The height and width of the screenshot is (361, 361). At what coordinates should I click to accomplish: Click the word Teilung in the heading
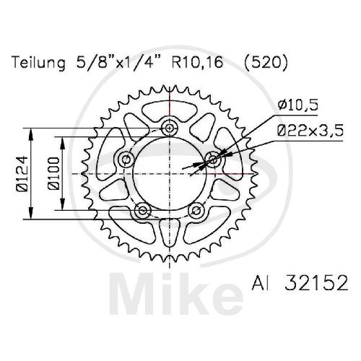click(x=39, y=63)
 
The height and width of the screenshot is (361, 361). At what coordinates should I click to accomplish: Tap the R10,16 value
click(x=197, y=63)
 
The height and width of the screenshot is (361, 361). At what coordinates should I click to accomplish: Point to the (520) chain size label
click(x=266, y=63)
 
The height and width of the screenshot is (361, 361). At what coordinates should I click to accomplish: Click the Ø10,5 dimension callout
click(x=298, y=105)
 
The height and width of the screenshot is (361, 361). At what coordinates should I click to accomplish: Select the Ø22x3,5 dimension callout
click(x=310, y=131)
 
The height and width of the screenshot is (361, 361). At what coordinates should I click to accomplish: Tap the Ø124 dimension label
click(x=22, y=173)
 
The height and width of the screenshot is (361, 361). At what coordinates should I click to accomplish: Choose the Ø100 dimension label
click(x=53, y=173)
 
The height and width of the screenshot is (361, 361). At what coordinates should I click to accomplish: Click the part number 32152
click(x=316, y=283)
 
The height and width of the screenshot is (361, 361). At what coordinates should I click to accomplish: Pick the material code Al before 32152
click(x=259, y=283)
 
